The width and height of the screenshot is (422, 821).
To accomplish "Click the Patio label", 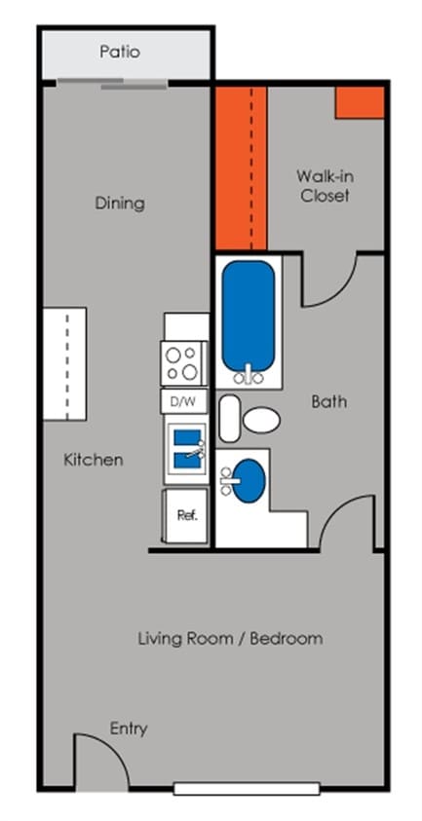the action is [120, 53].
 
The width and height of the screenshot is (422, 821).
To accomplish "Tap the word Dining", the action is [120, 204].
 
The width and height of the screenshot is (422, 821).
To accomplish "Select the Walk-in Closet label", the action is [325, 186].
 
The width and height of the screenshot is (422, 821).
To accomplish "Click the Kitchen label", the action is [94, 461].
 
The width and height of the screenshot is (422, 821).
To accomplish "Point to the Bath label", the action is [329, 401].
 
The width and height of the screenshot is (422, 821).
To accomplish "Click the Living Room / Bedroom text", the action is [230, 639].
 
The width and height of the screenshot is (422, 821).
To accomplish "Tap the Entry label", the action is [129, 728].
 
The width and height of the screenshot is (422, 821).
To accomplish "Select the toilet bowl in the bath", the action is [261, 420].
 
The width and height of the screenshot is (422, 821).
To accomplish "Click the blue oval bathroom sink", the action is [249, 481].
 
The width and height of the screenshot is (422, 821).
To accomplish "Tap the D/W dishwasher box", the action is [184, 401].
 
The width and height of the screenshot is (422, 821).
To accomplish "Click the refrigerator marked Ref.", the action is [186, 516].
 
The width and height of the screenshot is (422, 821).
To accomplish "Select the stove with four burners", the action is [183, 363].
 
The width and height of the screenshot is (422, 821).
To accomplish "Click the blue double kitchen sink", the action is [188, 449].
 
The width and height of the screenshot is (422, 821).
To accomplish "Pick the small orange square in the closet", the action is [361, 102].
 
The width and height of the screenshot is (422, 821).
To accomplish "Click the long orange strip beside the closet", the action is [241, 168].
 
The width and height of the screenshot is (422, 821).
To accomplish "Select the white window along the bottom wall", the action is [247, 789].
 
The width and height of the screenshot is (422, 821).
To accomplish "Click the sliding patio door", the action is [113, 83].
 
